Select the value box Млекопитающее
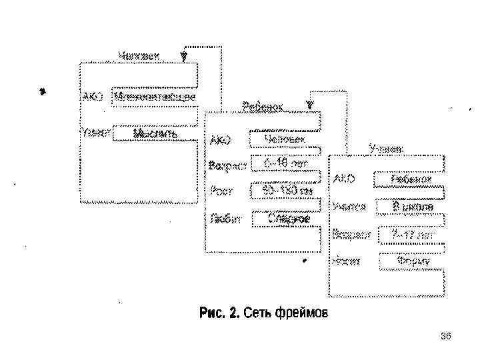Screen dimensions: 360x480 point(155,97)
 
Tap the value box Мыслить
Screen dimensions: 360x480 point(155,134)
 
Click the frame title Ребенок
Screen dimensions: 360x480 point(263,107)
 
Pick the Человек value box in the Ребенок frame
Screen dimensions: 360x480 point(284,139)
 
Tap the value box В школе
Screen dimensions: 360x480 point(413,207)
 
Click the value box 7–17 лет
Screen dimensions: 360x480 point(413,235)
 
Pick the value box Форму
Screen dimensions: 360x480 point(413,261)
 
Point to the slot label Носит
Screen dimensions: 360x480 point(347,261)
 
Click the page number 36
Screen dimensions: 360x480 point(446,336)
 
